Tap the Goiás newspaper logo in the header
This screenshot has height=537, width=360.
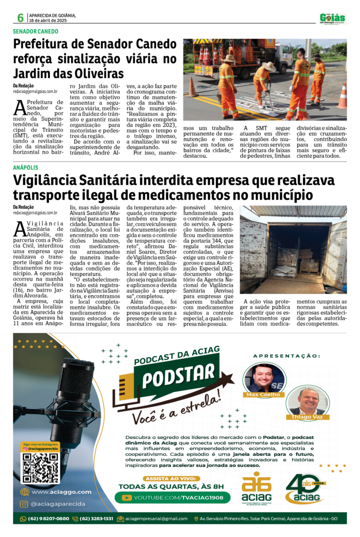tap(333, 19)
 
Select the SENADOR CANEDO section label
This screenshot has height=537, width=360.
tap(36, 31)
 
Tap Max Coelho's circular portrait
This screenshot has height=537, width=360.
tap(264, 377)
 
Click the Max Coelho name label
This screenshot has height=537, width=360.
tap(264, 394)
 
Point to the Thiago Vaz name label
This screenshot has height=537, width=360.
tap(308, 417)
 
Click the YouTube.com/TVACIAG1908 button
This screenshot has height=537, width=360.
tap(175, 497)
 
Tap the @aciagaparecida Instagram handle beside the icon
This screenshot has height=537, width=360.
tap(56, 504)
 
